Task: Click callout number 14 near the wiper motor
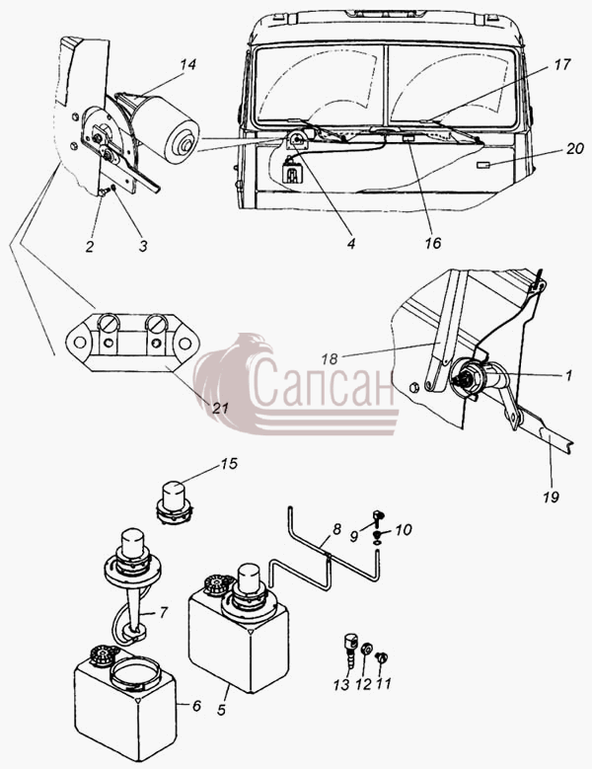pyautogui.click(x=187, y=64)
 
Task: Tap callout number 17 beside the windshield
pyautogui.click(x=562, y=64)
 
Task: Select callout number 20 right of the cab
pyautogui.click(x=574, y=148)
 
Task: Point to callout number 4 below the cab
pyautogui.click(x=351, y=243)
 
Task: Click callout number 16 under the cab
pyautogui.click(x=433, y=243)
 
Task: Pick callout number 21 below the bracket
pyautogui.click(x=221, y=408)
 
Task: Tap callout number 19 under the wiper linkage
pyautogui.click(x=551, y=497)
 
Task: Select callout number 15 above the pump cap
pyautogui.click(x=229, y=463)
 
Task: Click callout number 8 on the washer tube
pyautogui.click(x=336, y=530)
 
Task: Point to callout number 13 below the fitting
pyautogui.click(x=341, y=684)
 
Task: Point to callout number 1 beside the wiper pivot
pyautogui.click(x=569, y=376)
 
